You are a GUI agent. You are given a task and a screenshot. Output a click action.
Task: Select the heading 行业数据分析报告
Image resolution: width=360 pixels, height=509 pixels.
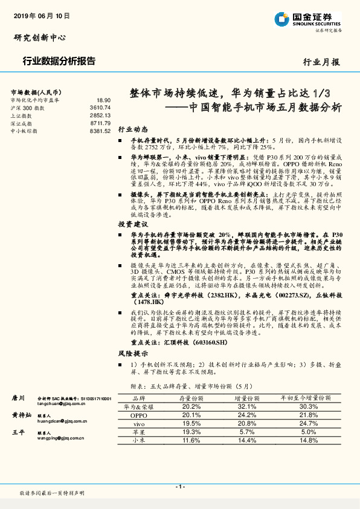coord(58,60)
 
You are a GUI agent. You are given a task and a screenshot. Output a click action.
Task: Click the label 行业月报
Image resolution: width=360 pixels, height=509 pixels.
coord(321,62)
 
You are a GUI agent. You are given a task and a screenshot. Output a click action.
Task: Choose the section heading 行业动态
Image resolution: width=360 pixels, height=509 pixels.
coord(132,129)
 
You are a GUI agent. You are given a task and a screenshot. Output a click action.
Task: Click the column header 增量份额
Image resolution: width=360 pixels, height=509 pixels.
coord(247,399)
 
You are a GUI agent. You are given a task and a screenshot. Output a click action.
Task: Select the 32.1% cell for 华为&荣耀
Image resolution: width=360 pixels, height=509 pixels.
coord(247,407)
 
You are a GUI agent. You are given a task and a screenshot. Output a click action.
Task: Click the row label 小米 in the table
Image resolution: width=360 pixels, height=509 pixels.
coord(139,441)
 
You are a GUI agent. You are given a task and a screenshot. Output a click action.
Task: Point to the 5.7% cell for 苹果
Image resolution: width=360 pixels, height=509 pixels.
coord(247,432)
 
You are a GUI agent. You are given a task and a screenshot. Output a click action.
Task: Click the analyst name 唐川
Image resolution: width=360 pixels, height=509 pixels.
coord(18,398)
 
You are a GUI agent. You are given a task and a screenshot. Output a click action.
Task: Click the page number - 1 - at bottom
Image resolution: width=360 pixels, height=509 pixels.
coord(179,487)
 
